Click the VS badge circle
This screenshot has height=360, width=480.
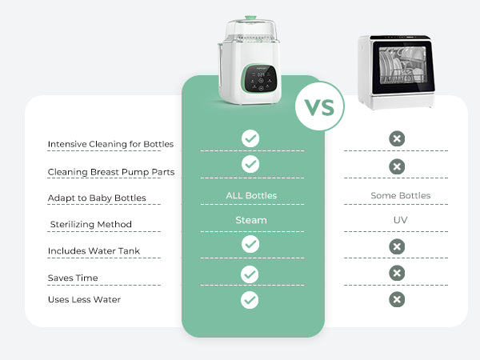pos(319,106)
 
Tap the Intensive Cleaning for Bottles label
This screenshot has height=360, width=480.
pos(110,144)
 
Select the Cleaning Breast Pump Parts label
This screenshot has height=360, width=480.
pos(111,172)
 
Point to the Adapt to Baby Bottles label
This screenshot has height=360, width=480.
pos(97,198)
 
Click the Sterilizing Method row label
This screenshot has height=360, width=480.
pos(91,224)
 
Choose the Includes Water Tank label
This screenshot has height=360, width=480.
pos(94,251)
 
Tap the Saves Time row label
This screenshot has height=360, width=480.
pos(73,278)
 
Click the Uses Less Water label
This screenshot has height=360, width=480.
pos(84,299)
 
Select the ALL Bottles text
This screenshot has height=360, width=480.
pos(251,195)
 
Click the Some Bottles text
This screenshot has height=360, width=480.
pos(401,195)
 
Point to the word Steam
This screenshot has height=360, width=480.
pos(251,220)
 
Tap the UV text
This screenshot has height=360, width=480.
pos(401,220)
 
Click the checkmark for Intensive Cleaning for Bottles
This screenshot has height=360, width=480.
pos(250,138)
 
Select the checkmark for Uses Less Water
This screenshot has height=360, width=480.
pos(250,300)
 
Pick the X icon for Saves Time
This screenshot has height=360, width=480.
pos(397,273)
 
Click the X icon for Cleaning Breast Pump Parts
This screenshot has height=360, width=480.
pos(397,166)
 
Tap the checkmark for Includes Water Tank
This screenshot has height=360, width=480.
pos(250,244)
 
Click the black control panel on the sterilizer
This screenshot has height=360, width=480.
pos(260,78)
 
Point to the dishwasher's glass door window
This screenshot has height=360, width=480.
pos(402,66)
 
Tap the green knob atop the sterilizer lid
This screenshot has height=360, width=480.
pos(250,18)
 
